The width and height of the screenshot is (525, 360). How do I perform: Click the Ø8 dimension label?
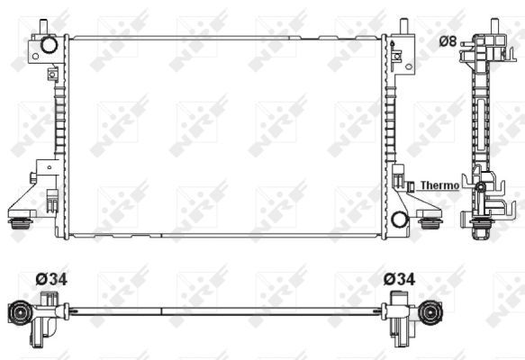click(x=448, y=40)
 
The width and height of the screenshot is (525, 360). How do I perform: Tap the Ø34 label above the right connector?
click(x=399, y=279)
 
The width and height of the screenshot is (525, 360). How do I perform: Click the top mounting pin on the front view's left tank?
click(x=42, y=25)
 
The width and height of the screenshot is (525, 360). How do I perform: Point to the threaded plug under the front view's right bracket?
click(x=430, y=220)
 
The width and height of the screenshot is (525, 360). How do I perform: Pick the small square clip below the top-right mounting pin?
click(x=396, y=58)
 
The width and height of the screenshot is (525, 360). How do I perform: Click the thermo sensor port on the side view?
click(x=482, y=190)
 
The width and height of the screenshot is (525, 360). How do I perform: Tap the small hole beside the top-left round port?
click(x=34, y=56)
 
